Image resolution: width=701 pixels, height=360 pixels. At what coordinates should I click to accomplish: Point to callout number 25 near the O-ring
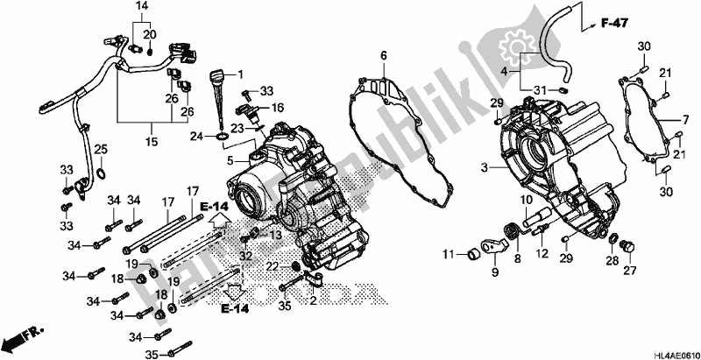pyautogui.click(x=101, y=148)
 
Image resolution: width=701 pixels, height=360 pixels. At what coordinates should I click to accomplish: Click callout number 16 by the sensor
pyautogui.click(x=277, y=108)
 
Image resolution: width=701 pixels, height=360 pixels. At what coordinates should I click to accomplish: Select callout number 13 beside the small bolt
pyautogui.click(x=276, y=236)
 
